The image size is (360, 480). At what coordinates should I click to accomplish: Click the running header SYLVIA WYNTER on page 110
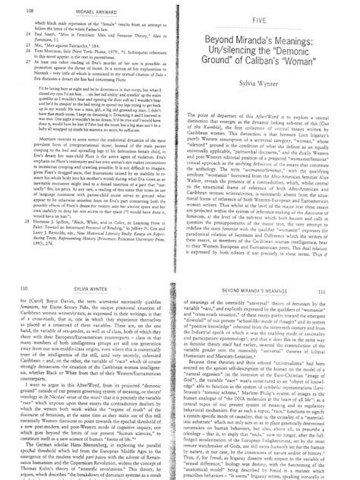pos(84,248)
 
